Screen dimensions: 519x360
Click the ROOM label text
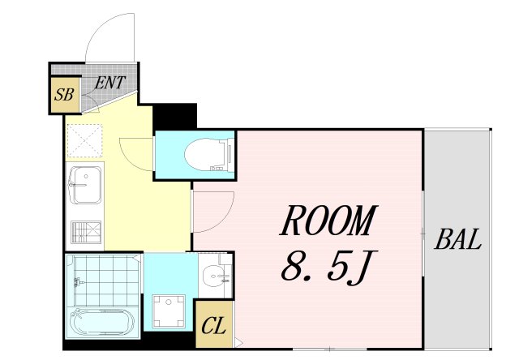(x=328, y=220)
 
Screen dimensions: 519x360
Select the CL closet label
(x=214, y=326)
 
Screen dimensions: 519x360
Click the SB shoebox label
(x=64, y=94)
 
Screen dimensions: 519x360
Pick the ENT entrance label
(x=110, y=83)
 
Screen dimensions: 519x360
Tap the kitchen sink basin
(x=85, y=185)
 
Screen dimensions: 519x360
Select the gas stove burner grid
(x=86, y=232)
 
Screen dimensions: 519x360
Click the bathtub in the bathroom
(x=102, y=322)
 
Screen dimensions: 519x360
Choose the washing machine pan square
(x=169, y=311)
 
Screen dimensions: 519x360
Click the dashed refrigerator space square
(x=84, y=140)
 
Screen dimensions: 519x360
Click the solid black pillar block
(x=175, y=116)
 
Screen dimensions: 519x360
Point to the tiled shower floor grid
(x=106, y=281)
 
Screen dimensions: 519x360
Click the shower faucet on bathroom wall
(x=78, y=282)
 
